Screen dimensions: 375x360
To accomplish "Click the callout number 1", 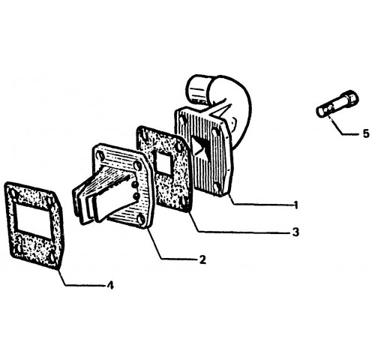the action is pos(296,205).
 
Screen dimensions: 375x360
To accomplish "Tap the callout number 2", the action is pos(202,259).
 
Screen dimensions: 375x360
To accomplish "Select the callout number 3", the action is pos(295,232).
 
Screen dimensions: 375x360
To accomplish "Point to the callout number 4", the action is pos(110,285).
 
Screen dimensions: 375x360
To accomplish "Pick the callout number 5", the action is pos(366,133).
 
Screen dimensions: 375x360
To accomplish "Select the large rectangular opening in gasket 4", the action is pos(32,218).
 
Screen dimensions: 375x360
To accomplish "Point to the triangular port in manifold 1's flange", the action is pos(199,148).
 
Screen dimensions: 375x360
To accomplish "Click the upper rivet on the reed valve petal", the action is pos(134,184).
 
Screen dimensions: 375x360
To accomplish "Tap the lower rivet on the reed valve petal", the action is pos(136,195).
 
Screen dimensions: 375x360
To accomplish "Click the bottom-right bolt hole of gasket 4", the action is pos(52,257).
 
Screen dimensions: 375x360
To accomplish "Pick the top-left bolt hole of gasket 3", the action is pos(143,134).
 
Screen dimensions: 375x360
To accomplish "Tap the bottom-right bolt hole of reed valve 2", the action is pos(141,220).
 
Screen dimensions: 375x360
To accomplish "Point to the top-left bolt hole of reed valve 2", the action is pos(100,155).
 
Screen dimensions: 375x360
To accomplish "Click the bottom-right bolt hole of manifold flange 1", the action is pos(217,187).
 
